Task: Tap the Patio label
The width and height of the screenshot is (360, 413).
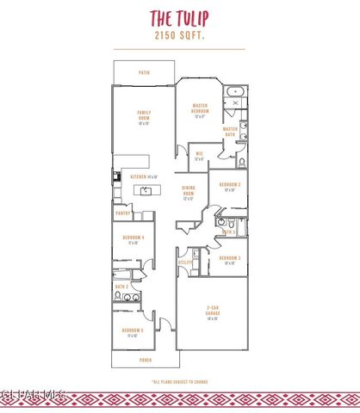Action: [145, 72]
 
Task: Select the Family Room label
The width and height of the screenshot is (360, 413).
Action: [145, 118]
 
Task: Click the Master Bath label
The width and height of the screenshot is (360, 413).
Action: [230, 131]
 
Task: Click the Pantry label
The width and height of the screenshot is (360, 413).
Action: [122, 213]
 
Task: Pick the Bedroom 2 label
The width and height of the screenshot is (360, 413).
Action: [229, 186]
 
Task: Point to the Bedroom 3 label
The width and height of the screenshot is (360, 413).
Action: [229, 260]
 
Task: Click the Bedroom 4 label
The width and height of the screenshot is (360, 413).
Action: [133, 240]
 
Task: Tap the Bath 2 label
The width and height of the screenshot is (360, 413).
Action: [122, 286]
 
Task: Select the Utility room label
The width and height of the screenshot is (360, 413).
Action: [184, 262]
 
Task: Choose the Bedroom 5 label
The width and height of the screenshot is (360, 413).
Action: [133, 332]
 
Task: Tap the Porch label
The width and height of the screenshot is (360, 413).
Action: [145, 361]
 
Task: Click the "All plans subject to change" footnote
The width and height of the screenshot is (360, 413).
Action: [180, 380]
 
